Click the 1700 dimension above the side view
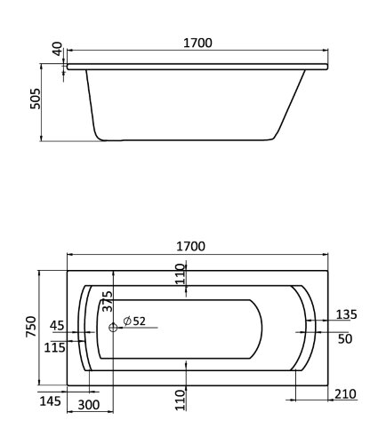tap(197, 43)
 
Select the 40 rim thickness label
tap(56, 49)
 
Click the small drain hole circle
tap(113, 329)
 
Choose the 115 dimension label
tap(54, 348)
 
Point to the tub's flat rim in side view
tap(197, 66)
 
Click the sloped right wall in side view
tap(297, 102)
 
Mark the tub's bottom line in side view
tap(187, 139)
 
